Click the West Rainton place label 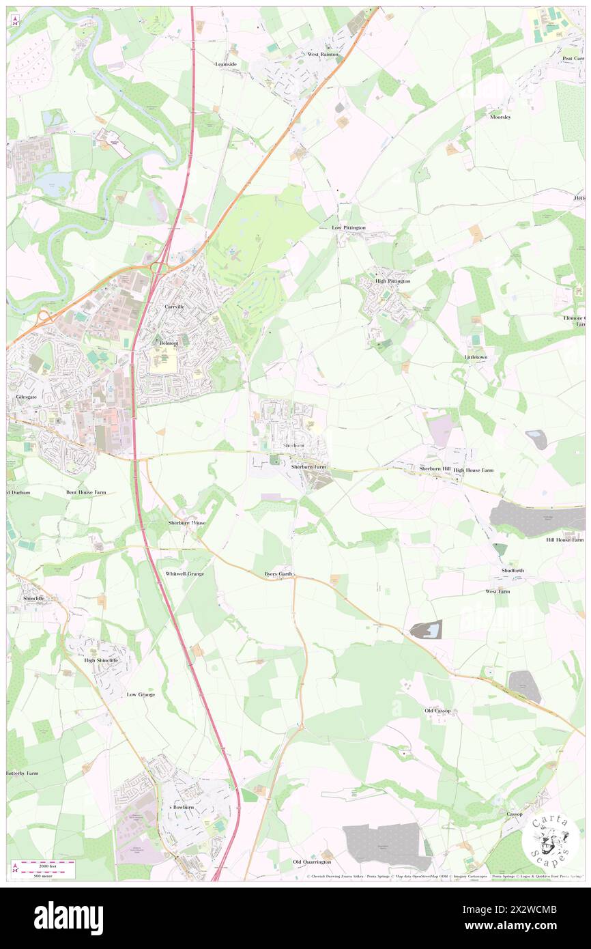click(x=323, y=54)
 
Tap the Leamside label click(x=225, y=64)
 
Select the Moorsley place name click(x=500, y=117)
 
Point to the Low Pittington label click(x=349, y=227)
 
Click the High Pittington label click(x=392, y=281)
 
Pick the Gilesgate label click(x=25, y=396)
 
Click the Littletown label click(x=476, y=357)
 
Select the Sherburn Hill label click(x=435, y=469)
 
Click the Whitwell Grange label click(x=185, y=574)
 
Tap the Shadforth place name click(x=513, y=570)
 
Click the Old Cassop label click(x=437, y=711)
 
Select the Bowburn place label click(x=184, y=807)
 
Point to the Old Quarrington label click(x=312, y=862)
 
